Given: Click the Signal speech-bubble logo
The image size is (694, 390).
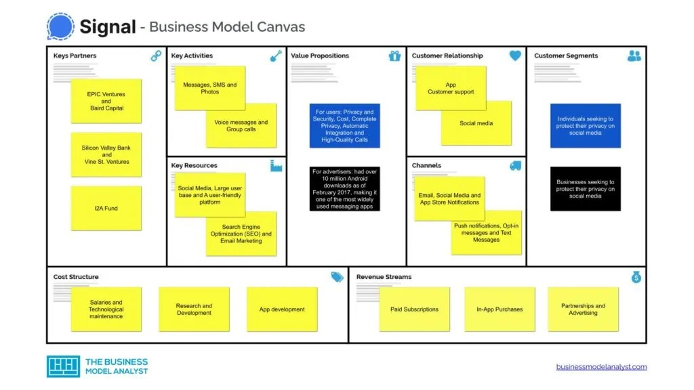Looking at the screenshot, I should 60,26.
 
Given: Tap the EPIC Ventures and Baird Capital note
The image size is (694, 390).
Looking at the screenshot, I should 106,101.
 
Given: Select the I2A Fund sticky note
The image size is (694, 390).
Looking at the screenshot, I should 106,209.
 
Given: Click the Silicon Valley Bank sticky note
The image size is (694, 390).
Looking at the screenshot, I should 106,154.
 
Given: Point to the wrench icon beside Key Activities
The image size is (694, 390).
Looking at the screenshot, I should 276,56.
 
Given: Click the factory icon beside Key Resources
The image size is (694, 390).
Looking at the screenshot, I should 276,166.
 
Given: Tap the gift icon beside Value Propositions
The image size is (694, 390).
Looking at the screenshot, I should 395,56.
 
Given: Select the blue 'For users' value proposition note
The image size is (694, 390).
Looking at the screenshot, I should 344,126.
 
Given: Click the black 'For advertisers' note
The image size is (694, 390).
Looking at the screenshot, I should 344,189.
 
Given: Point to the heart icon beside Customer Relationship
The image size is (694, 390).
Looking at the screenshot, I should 515,56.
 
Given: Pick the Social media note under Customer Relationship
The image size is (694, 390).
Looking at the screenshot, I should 476,123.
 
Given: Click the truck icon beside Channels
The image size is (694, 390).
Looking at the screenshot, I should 515,166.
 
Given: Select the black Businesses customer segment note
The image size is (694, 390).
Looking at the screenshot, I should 586,189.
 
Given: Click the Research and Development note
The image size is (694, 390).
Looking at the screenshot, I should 194,309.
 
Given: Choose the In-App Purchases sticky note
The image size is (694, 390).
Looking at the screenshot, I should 499,309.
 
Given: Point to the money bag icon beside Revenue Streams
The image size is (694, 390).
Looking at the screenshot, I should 636,277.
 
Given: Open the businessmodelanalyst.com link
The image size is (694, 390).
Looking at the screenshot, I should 601,367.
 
